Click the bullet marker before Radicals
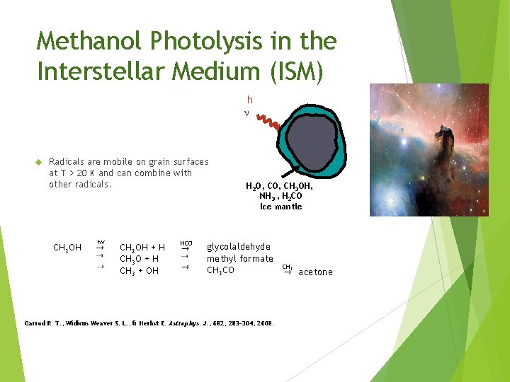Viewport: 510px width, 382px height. [x=40, y=162]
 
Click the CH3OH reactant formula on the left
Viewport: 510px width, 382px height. [x=67, y=248]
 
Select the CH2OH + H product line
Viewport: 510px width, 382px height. [x=142, y=248]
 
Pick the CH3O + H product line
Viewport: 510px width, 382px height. [x=139, y=259]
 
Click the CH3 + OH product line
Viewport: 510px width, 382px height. [x=139, y=271]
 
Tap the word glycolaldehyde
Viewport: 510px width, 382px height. [x=239, y=247]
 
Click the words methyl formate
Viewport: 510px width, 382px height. [x=240, y=259]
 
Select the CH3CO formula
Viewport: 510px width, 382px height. [x=220, y=270]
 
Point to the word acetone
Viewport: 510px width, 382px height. [x=315, y=272]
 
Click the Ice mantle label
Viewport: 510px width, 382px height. [x=281, y=207]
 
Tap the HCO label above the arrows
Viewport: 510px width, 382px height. [x=186, y=243]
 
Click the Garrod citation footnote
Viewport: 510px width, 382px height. [x=149, y=323]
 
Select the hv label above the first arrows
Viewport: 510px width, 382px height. [x=101, y=242]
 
